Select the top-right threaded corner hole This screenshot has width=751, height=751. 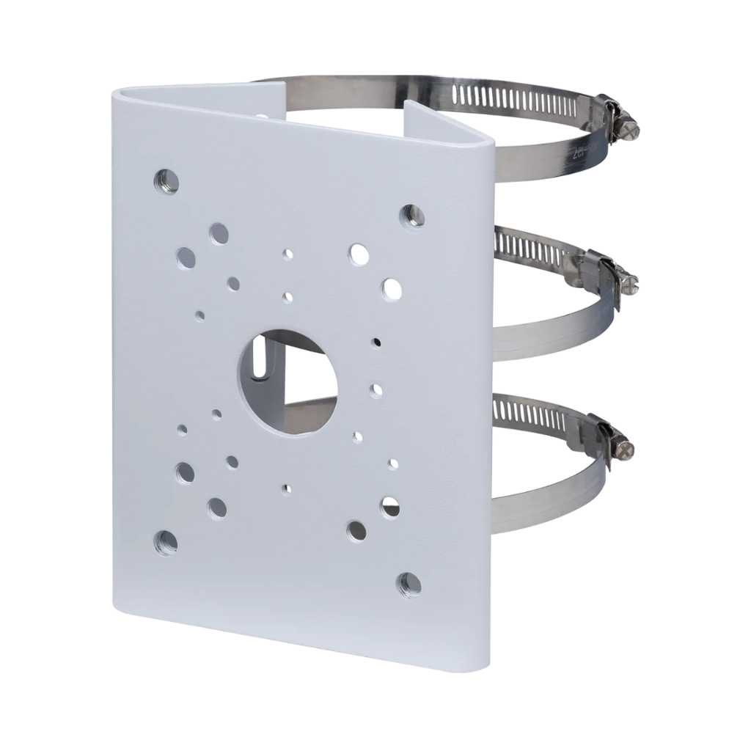coord(411,214)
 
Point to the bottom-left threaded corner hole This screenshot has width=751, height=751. coord(166,543)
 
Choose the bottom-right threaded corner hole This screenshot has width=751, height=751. coord(409,585)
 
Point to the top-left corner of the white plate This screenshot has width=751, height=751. coord(117,94)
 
